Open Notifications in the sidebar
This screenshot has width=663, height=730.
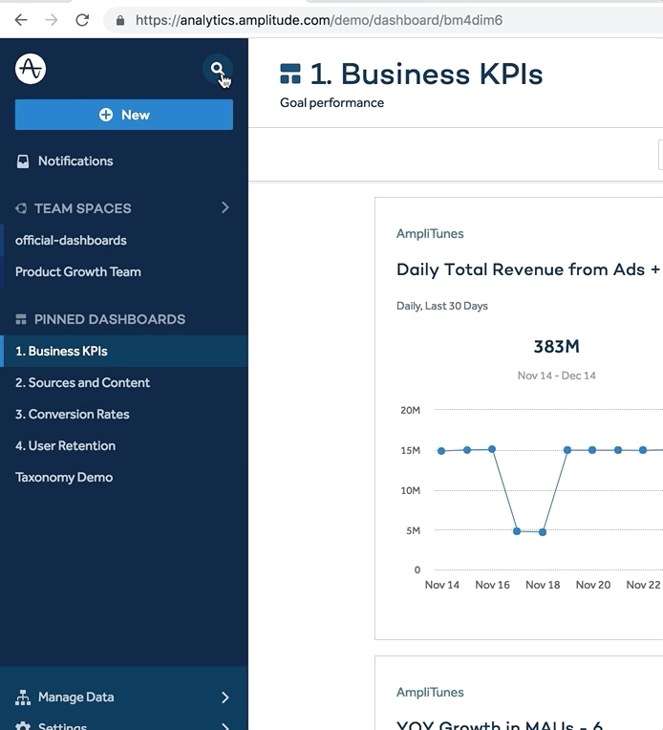click(75, 161)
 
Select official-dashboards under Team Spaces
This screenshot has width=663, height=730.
click(71, 240)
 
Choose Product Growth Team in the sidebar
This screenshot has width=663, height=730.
click(78, 271)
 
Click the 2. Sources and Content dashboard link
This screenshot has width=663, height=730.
click(82, 382)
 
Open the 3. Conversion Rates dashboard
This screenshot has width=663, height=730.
click(73, 414)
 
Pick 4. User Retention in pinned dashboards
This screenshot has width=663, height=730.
click(65, 445)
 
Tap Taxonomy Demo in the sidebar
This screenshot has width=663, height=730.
click(64, 477)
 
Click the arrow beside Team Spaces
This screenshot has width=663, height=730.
click(225, 207)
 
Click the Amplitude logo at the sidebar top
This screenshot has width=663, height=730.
click(31, 69)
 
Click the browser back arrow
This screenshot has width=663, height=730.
click(21, 19)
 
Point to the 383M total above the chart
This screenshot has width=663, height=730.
click(556, 346)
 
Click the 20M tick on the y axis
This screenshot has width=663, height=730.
click(410, 410)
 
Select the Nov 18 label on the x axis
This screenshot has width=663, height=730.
click(543, 585)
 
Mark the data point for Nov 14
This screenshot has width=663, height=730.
click(441, 451)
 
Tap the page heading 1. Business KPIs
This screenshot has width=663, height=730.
click(426, 74)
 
